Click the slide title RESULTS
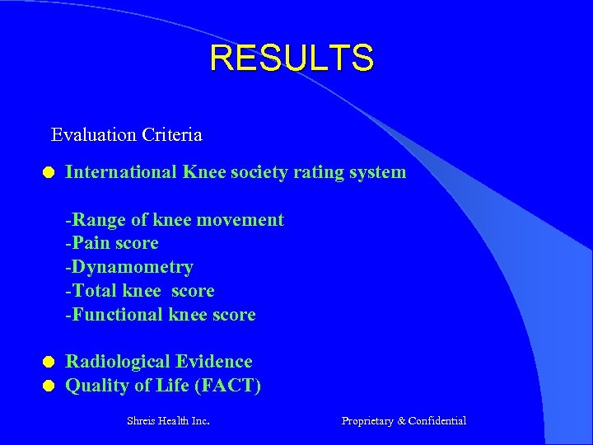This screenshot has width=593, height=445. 292,59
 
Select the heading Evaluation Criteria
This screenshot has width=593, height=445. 126,133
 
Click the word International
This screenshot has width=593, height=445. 121,172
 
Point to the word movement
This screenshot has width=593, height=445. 245,220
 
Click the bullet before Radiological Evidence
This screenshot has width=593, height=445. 49,362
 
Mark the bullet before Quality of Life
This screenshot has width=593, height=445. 49,385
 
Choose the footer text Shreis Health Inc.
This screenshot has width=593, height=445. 168,421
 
